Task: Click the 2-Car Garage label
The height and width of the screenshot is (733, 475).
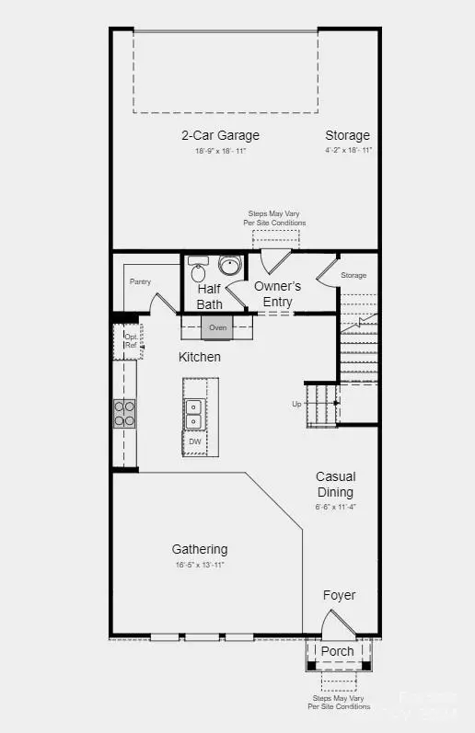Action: click(220, 135)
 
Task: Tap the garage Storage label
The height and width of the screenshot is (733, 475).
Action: click(347, 135)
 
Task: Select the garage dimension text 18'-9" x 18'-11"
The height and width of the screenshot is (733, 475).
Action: click(220, 151)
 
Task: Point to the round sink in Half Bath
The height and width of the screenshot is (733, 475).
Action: click(229, 268)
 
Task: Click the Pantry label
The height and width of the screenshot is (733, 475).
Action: click(140, 281)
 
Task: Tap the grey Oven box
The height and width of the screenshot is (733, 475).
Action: click(218, 327)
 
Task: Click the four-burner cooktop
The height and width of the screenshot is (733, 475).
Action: click(124, 413)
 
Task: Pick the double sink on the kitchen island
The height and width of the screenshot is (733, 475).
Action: click(194, 415)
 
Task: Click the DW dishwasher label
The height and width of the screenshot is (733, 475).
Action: click(195, 442)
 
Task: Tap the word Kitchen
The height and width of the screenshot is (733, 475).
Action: click(200, 357)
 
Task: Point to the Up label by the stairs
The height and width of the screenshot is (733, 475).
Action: click(296, 404)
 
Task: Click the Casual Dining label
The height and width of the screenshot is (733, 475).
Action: click(335, 484)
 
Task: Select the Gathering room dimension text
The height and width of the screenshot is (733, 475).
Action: click(199, 565)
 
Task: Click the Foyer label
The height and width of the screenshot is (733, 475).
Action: click(339, 595)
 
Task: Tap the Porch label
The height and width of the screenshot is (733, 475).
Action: click(337, 651)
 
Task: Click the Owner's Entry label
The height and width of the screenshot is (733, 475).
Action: click(278, 294)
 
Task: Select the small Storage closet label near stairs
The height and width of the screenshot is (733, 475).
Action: click(353, 275)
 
